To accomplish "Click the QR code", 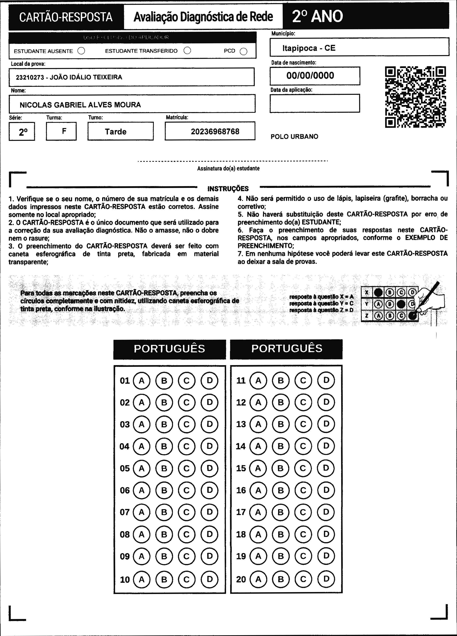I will [x=416, y=97].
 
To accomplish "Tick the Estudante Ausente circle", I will [x=81, y=51].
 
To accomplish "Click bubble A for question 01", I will [x=142, y=381].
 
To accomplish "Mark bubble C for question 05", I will [x=187, y=468].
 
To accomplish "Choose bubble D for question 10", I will [x=210, y=579].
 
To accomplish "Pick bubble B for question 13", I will [x=280, y=424].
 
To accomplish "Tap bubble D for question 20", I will [x=326, y=579].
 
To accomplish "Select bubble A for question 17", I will [x=258, y=512].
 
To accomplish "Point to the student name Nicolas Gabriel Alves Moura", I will [x=80, y=105].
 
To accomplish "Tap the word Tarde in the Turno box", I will [x=116, y=132].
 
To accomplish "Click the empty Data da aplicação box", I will [x=314, y=103].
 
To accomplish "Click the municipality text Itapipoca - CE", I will [x=309, y=48].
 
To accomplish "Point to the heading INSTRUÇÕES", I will [x=228, y=189].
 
